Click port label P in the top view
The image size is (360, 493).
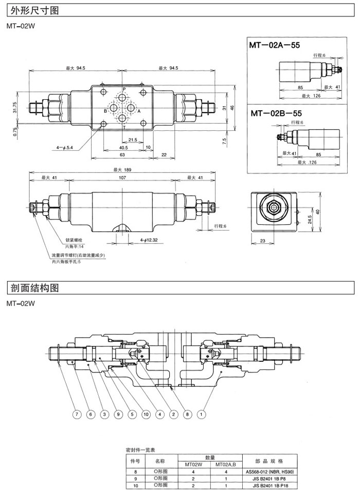pos(123,90)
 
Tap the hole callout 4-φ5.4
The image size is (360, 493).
pos(65,147)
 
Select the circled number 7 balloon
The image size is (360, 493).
pos(77,413)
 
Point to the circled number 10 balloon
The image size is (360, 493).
pos(146,413)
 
